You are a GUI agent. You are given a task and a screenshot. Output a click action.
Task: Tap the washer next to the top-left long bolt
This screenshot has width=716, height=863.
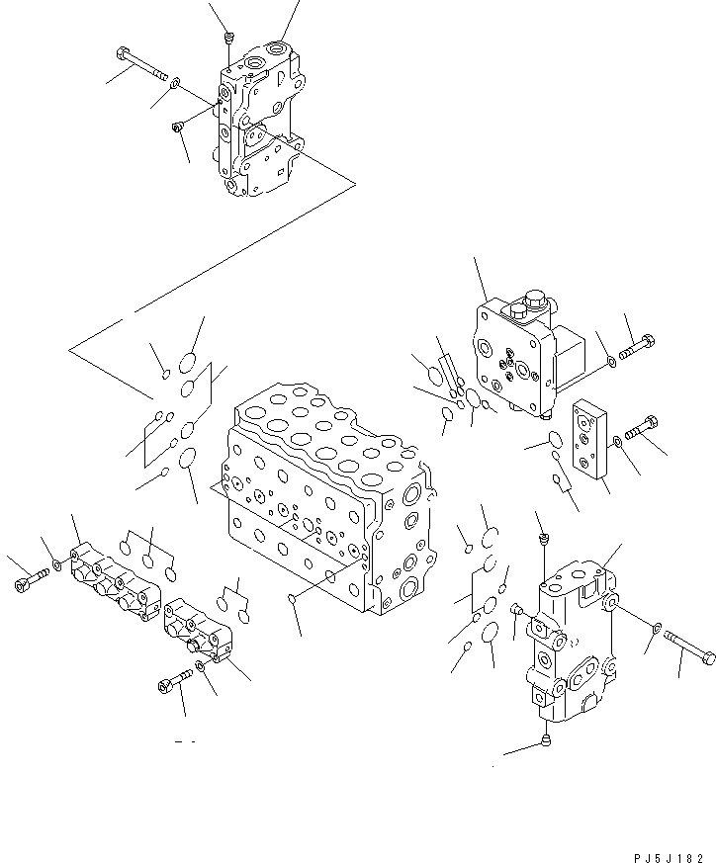175,82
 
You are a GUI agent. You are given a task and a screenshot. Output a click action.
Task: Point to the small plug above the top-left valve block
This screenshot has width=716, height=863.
228,39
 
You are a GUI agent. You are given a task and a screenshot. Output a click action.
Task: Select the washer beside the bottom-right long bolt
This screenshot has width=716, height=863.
659,626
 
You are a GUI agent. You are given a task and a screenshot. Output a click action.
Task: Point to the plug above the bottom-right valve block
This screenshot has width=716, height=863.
543,538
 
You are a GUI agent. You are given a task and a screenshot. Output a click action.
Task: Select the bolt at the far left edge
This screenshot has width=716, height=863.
27,583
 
